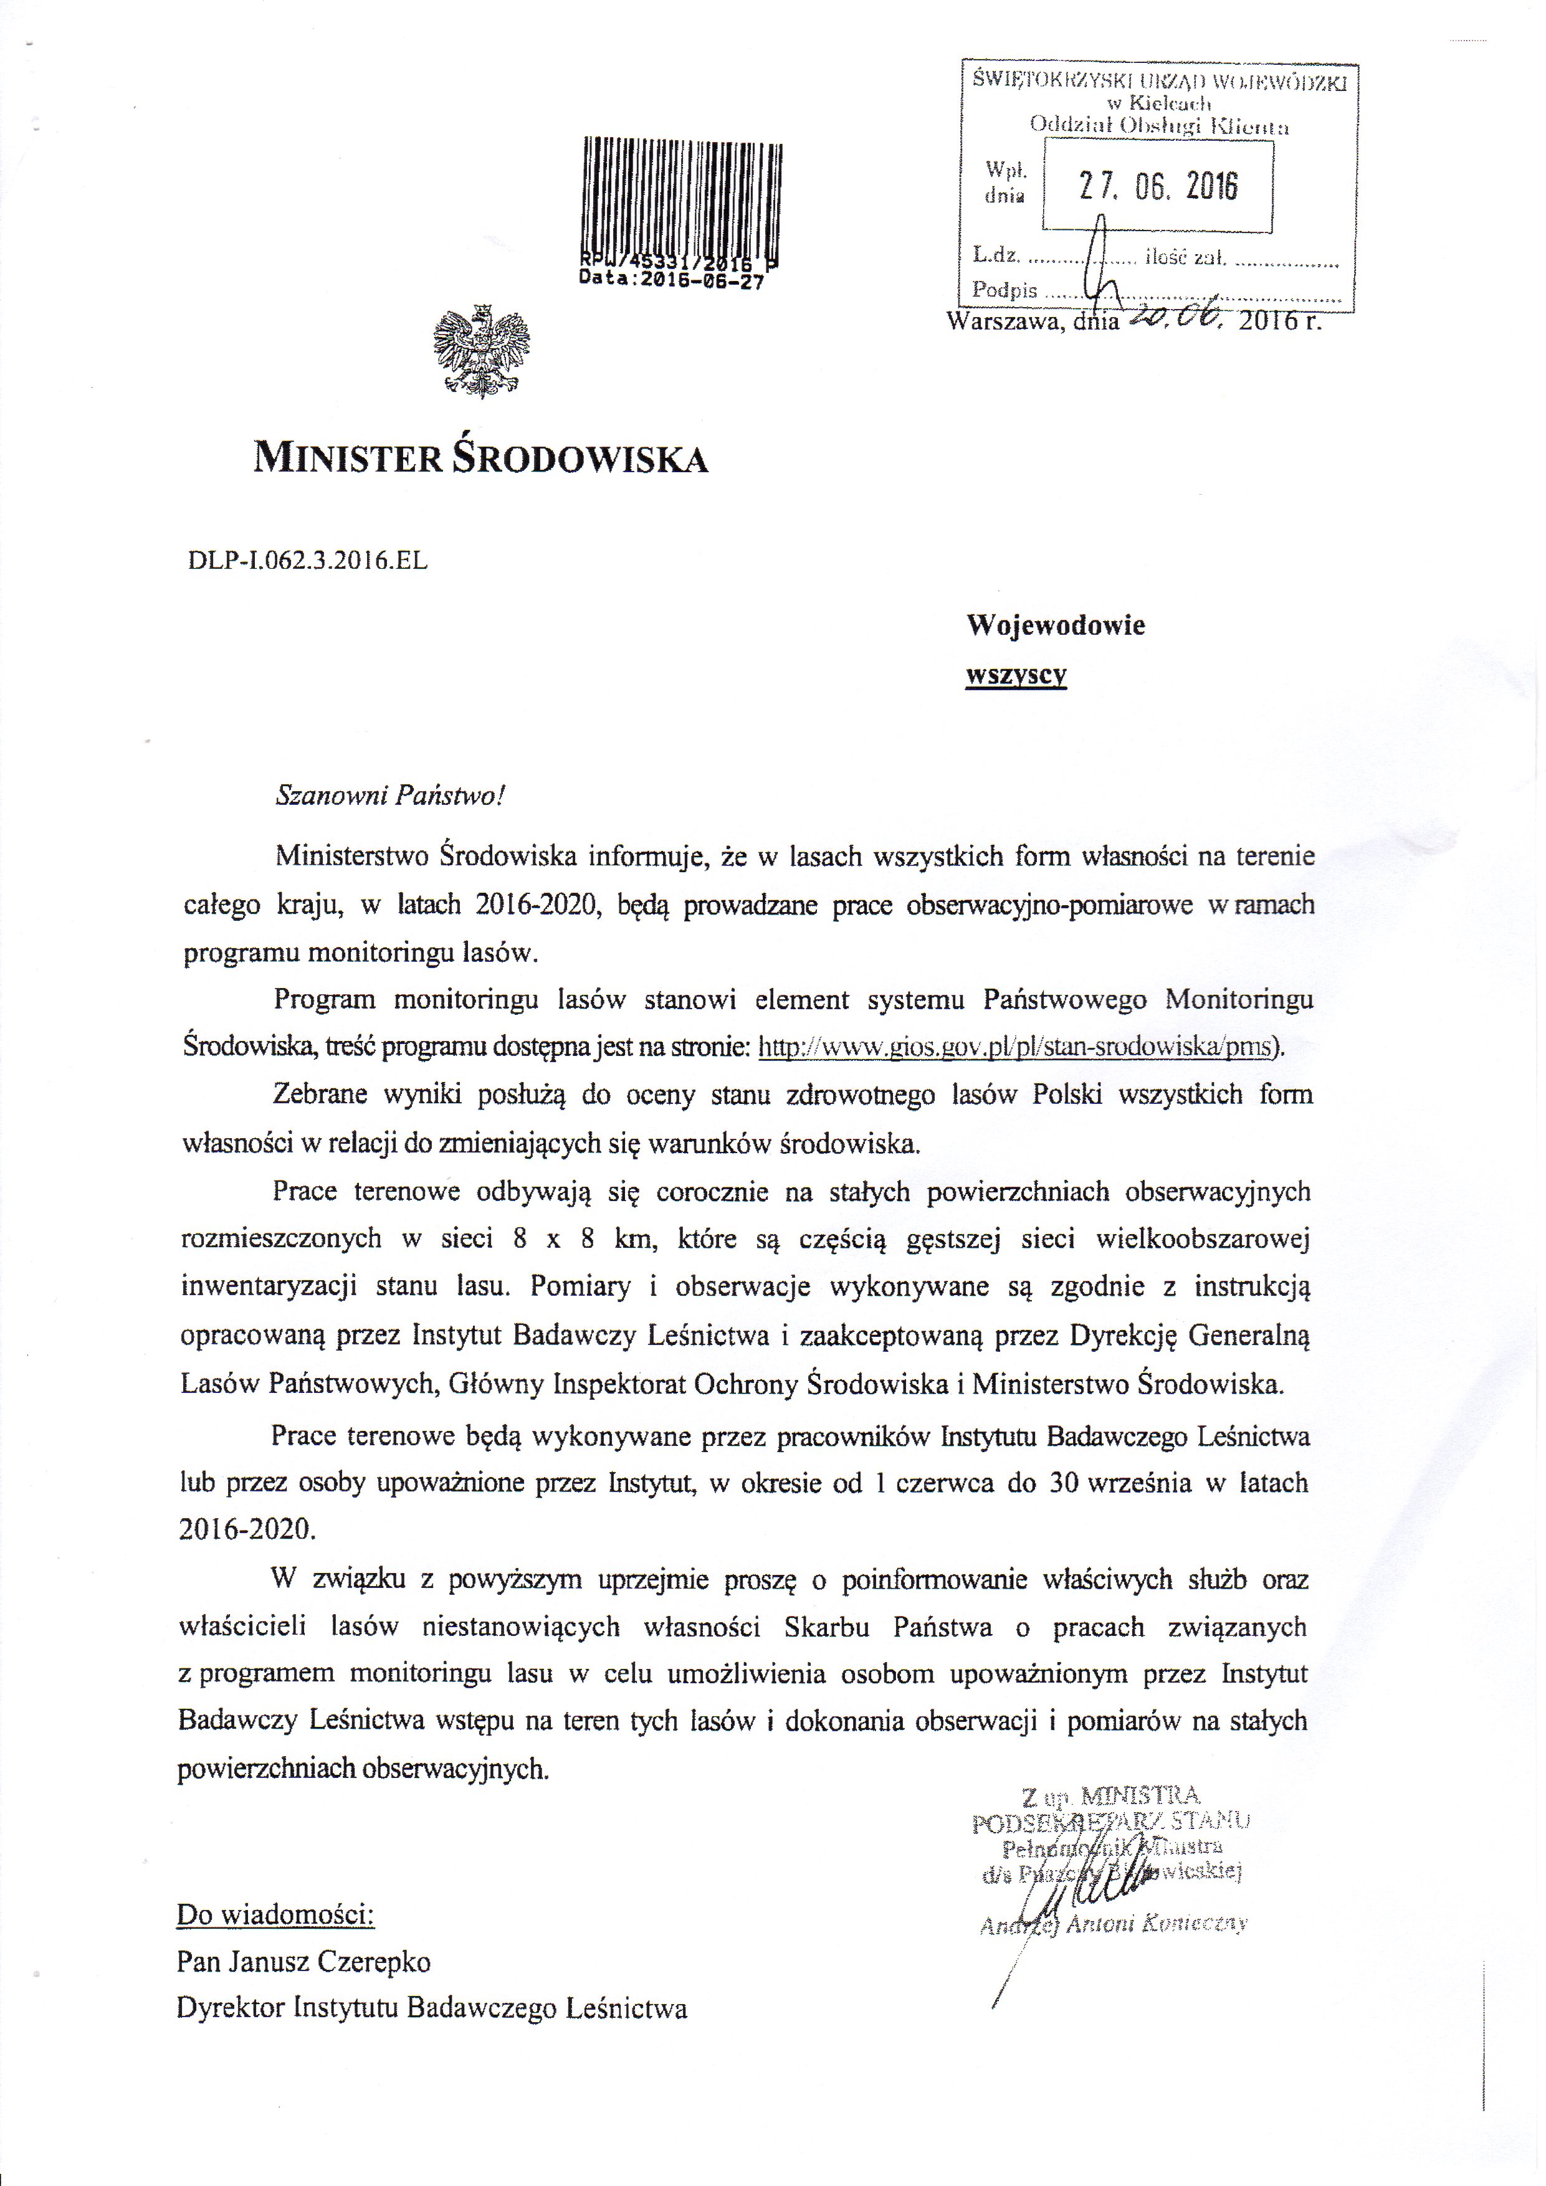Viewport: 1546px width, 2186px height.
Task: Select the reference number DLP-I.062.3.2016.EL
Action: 308,561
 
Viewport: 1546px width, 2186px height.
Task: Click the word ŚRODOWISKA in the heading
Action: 579,459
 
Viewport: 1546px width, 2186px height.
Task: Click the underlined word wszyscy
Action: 1016,675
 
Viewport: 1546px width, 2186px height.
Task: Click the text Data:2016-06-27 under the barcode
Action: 670,282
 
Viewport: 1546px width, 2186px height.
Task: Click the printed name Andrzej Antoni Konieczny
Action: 1112,1923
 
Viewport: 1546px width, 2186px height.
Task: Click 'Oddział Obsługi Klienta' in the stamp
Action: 1158,125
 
